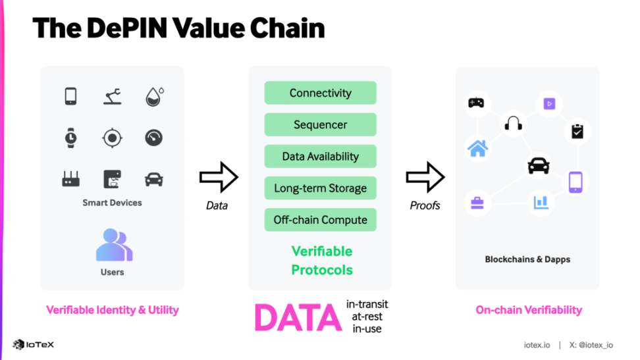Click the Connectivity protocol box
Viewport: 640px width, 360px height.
[320, 93]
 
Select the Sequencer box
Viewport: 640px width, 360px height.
[320, 124]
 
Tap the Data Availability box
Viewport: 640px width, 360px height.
[320, 157]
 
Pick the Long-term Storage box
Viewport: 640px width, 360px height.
[320, 188]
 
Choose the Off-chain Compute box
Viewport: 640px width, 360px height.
[320, 220]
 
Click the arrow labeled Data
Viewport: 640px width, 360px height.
[218, 176]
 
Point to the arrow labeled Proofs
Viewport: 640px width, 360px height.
[425, 176]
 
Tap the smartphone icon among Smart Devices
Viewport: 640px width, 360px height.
[71, 96]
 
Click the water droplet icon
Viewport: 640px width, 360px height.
[154, 97]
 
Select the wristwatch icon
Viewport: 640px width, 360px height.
[71, 138]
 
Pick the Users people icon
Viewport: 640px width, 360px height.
[113, 245]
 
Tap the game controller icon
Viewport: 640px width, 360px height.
[475, 102]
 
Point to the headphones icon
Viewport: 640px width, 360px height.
[513, 122]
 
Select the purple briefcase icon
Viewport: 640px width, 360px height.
[477, 202]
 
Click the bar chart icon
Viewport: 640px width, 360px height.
[541, 201]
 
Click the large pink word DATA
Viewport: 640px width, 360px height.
[297, 318]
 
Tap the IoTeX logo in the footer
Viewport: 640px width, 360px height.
[34, 344]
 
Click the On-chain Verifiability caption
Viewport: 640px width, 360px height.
[528, 309]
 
